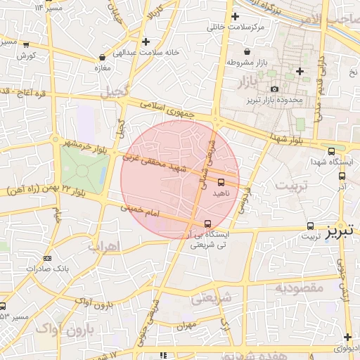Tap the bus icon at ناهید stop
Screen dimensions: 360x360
[220, 182]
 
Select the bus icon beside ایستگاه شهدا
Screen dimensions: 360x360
[331, 151]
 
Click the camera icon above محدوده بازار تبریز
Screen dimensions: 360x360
[274, 89]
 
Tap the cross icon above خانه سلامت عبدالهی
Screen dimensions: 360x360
[146, 41]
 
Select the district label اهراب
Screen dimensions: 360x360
[105, 246]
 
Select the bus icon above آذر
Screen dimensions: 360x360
[342, 176]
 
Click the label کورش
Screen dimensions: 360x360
[27, 55]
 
